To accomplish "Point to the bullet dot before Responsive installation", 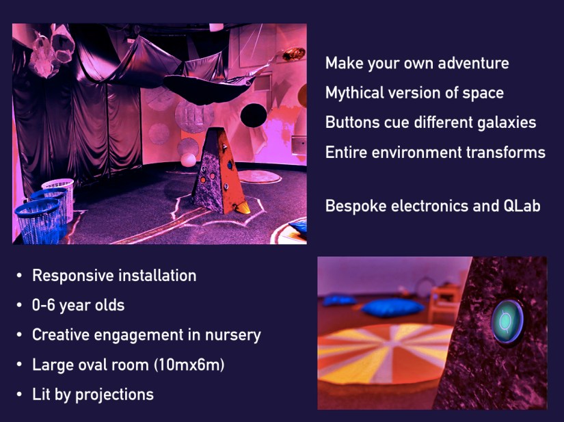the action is coord(19,276).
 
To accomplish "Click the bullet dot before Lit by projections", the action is coord(19,395).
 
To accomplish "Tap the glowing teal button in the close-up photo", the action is coord(507,321).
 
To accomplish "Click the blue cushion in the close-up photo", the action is coord(393,308).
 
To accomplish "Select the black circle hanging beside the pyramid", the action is coord(254,115).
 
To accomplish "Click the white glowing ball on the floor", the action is coord(188,160).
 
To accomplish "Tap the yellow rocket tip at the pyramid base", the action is coord(243,208).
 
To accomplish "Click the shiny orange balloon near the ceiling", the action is coord(293,55).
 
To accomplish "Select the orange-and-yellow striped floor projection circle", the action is coord(385,353).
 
